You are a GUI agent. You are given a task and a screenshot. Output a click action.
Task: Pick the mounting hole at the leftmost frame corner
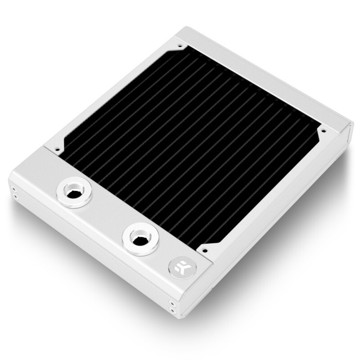(57, 148)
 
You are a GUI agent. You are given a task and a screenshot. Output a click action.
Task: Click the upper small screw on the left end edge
(13, 189)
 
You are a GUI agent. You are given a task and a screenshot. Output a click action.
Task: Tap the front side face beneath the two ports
(90, 252)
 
